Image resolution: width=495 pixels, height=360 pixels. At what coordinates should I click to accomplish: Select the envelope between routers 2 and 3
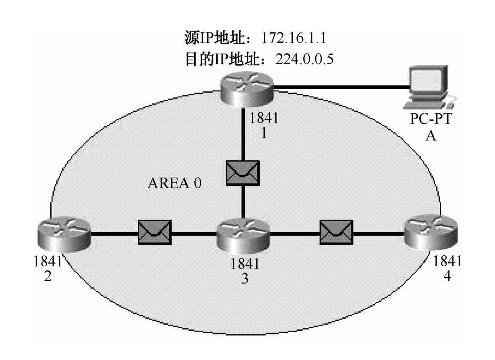[x=155, y=235]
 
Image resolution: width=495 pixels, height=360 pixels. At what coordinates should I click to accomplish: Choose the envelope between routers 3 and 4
[x=336, y=235]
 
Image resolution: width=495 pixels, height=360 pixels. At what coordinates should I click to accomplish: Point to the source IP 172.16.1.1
[x=294, y=37]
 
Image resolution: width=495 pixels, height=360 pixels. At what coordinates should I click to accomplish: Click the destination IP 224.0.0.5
[x=297, y=58]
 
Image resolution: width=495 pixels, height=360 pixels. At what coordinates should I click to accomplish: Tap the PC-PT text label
[x=432, y=120]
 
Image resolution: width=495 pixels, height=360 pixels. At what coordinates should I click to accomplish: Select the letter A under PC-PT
[x=432, y=135]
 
